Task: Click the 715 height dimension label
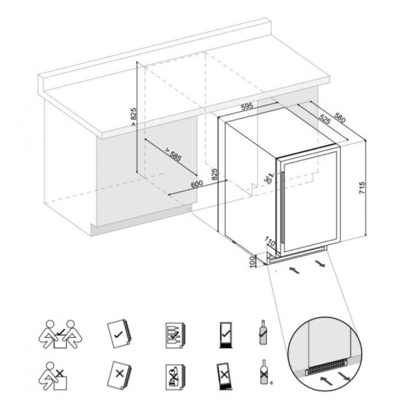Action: (362, 188)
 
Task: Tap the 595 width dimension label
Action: (247, 107)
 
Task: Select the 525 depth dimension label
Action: (325, 120)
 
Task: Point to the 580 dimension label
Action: (340, 117)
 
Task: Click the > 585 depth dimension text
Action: (173, 154)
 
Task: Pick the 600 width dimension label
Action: (197, 184)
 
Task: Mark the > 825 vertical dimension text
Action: (134, 117)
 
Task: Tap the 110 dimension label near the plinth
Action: (270, 242)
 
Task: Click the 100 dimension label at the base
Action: (252, 262)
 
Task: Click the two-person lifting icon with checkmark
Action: (60, 334)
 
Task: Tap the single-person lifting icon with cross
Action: (53, 376)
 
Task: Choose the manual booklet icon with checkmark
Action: (119, 333)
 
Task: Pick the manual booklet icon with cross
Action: (119, 375)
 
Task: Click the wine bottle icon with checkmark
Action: (263, 332)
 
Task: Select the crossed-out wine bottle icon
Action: (264, 372)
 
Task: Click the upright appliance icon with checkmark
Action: (225, 335)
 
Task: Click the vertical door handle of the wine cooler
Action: (282, 208)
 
